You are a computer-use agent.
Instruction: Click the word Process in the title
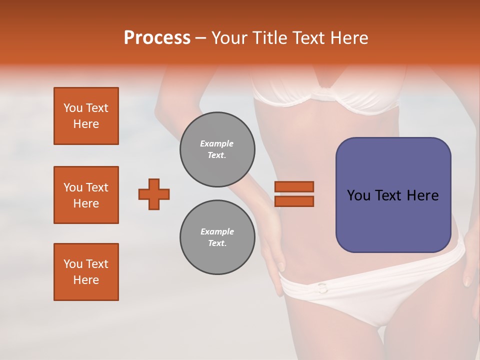coord(157,38)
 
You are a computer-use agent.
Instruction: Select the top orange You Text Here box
coord(86,116)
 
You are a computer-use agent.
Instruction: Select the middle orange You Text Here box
coord(86,195)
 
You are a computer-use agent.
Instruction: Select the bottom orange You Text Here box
coord(86,272)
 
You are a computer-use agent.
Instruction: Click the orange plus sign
coord(154,194)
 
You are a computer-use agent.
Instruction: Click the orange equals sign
coord(294,194)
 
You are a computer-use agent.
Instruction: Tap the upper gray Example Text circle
coord(217,149)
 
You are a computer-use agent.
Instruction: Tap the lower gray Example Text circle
coord(217,237)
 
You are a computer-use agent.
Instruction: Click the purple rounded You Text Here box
coord(393,195)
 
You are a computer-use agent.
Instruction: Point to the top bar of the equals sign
coord(294,187)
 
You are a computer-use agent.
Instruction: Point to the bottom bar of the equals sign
coord(294,201)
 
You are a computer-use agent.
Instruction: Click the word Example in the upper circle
coord(217,143)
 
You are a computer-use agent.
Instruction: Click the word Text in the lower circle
coord(216,243)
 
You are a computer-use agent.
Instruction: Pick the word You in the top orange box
coord(73,108)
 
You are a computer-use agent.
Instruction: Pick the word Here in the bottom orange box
coord(86,280)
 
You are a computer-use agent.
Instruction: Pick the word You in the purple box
coord(359,195)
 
